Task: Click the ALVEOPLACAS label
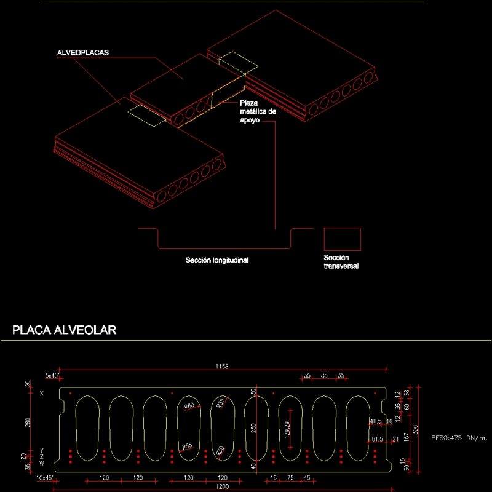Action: coord(82,54)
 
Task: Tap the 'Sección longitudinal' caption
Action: coord(217,260)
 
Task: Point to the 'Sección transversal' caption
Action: coord(341,262)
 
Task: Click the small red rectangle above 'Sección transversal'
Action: coord(343,239)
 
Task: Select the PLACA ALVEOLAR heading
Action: coord(65,331)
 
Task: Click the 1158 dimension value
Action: coord(222,367)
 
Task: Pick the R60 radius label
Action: coord(188,406)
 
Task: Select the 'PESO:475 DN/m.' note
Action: coord(459,438)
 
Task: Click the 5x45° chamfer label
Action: coord(51,375)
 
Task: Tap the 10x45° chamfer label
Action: coord(44,478)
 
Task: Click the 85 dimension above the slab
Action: coord(323,375)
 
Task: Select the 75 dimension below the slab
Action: coord(290,478)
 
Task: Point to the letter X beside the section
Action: coord(42,393)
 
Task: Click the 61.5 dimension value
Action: coord(378,438)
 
